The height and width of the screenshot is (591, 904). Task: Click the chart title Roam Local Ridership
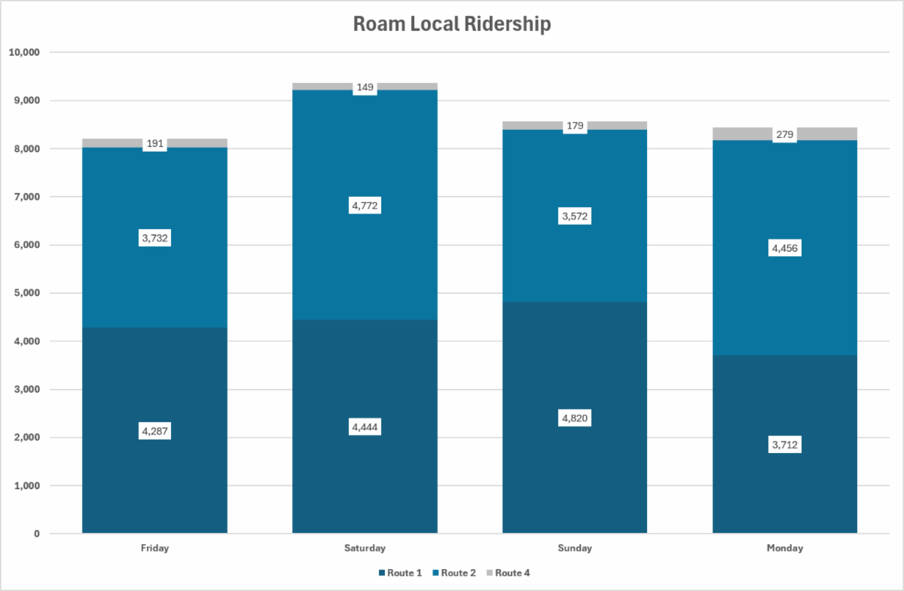pos(452,24)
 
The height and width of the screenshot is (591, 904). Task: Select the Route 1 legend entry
pos(400,573)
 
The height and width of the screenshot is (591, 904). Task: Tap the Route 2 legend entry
pos(454,573)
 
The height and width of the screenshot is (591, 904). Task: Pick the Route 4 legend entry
pos(508,573)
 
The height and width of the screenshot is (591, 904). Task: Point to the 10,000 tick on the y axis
pos(24,52)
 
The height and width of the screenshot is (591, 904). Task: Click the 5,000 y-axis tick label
pos(26,293)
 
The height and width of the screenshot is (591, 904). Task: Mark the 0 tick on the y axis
pos(37,534)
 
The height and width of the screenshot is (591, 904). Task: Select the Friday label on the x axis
pos(155,548)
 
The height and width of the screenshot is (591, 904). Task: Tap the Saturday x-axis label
pos(365,548)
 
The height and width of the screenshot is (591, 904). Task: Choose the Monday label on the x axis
pos(785,548)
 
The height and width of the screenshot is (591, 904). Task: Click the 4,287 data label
pos(155,431)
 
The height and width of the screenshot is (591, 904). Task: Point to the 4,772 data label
pos(365,206)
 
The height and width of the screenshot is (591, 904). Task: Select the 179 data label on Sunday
pos(575,126)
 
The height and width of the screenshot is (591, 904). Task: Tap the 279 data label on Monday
pos(785,134)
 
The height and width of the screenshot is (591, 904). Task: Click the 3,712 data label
pos(785,445)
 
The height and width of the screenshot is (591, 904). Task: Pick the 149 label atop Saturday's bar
pos(365,87)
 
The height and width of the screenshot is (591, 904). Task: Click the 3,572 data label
pos(575,216)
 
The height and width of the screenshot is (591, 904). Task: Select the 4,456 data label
pos(785,248)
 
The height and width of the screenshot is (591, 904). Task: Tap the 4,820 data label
pos(575,418)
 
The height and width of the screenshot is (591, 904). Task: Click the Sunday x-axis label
pos(575,548)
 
